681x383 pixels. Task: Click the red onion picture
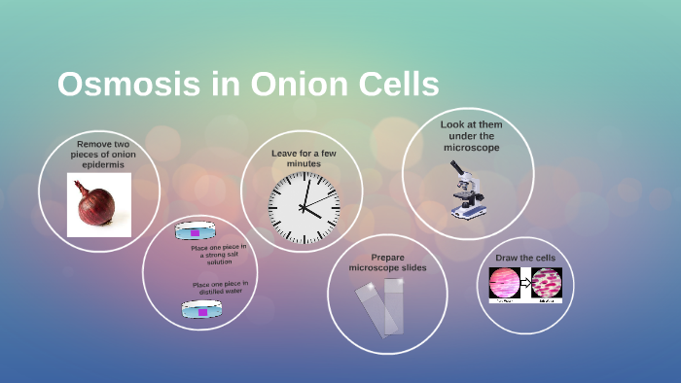click(97, 205)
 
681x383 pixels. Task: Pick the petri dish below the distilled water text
click(201, 310)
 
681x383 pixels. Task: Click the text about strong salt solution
click(219, 255)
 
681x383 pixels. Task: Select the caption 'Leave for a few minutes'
click(304, 157)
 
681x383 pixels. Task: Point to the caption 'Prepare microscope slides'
click(387, 262)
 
